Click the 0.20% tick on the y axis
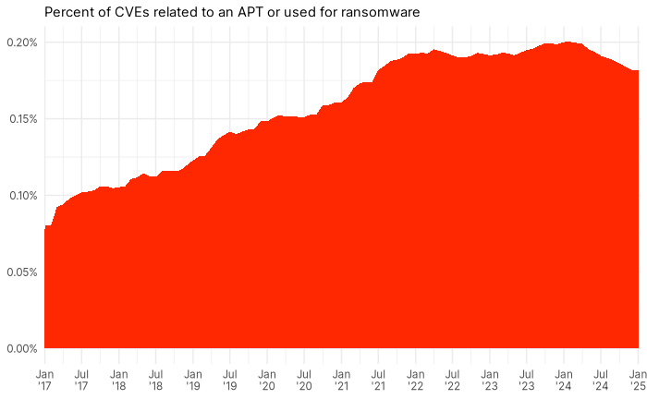[19, 42]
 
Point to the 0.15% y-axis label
[19, 119]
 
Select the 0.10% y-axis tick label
[19, 196]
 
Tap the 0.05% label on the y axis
[19, 272]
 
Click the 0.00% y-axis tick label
[19, 348]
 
